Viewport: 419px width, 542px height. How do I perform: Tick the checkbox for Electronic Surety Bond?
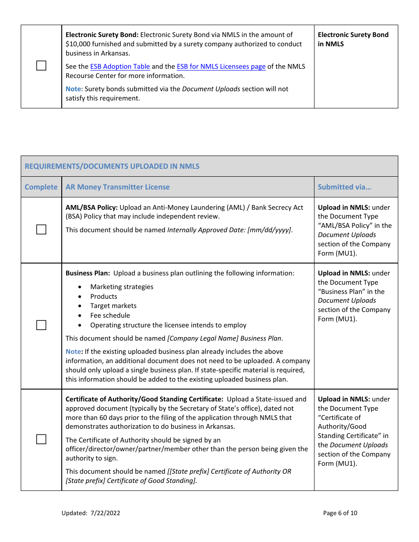pyautogui.click(x=41, y=66)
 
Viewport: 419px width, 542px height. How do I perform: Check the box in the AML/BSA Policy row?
pyautogui.click(x=41, y=230)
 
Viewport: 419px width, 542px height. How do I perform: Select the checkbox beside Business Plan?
pyautogui.click(x=41, y=325)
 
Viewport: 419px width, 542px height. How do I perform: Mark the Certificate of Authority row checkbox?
pyautogui.click(x=41, y=439)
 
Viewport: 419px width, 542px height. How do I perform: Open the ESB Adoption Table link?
pyautogui.click(x=120, y=67)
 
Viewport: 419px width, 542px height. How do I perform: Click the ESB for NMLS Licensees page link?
pyautogui.click(x=221, y=67)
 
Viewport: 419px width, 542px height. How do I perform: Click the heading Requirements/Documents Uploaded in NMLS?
pyautogui.click(x=112, y=166)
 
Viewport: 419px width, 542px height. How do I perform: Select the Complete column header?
pyautogui.click(x=41, y=187)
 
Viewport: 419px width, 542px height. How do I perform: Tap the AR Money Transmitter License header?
pyautogui.click(x=117, y=187)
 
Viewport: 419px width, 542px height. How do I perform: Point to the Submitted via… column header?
pyautogui.click(x=344, y=187)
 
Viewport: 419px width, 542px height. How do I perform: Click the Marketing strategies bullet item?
pyautogui.click(x=122, y=287)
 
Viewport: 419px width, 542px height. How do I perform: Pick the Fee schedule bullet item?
pyautogui.click(x=110, y=316)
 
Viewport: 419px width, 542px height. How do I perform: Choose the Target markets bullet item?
pyautogui.click(x=113, y=306)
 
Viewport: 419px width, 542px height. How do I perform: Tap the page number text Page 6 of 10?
pyautogui.click(x=340, y=513)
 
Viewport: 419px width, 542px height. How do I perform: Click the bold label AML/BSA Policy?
pyautogui.click(x=91, y=208)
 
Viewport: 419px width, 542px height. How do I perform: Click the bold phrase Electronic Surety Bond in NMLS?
pyautogui.click(x=353, y=39)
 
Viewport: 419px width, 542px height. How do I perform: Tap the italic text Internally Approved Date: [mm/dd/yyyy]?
pyautogui.click(x=229, y=230)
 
